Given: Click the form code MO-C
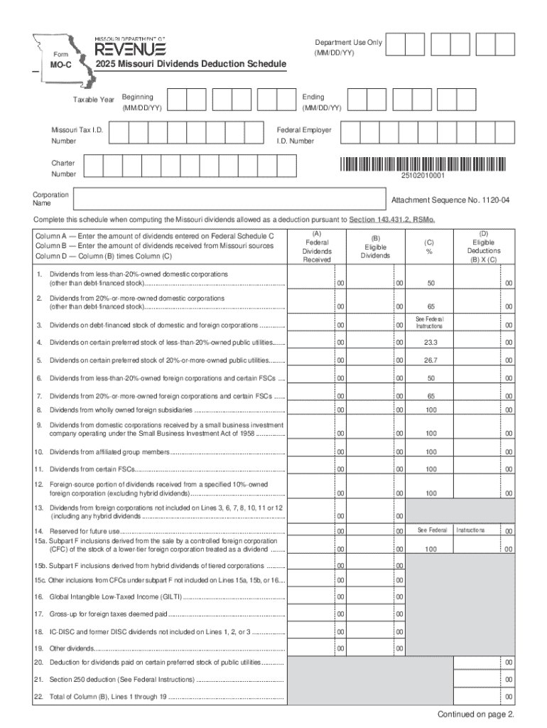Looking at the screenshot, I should pos(50,65).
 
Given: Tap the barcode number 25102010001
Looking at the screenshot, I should pos(423,176).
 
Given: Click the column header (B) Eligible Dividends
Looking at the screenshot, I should pos(375,247).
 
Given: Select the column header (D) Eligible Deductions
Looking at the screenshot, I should pos(484,246).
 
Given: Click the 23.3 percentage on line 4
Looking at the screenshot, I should pos(430,343).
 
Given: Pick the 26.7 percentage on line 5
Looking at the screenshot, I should pos(430,360).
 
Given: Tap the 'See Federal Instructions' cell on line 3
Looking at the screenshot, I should pos(430,323).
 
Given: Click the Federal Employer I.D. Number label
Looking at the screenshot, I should pos(303,135).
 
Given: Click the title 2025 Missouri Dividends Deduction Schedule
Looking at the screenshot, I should pos(191,65).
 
